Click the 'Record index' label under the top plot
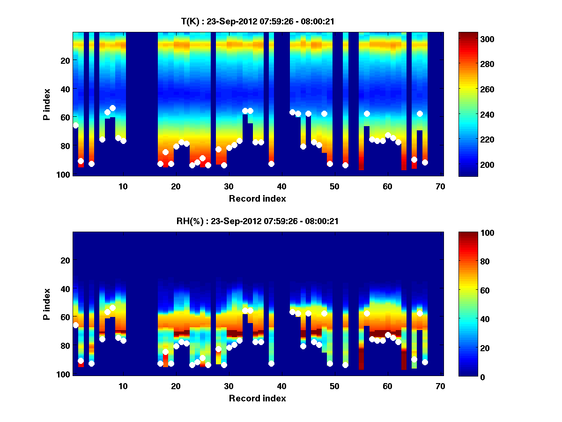[257, 198]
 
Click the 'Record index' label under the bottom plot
[257, 398]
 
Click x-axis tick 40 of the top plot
[281, 186]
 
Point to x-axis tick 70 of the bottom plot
[440, 386]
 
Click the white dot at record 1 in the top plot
[75, 125]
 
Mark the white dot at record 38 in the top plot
[271, 164]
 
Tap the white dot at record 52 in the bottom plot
[345, 365]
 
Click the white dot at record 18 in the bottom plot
[165, 352]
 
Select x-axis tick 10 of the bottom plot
[123, 386]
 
